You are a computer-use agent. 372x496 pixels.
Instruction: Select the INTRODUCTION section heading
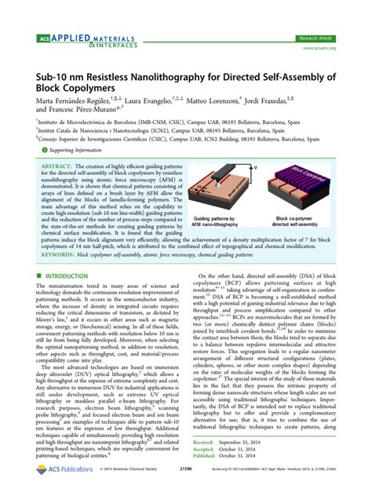[x=69, y=279]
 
